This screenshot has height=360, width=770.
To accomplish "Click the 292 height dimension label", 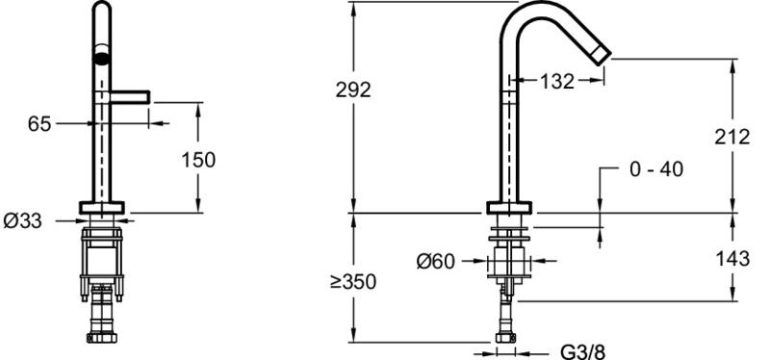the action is pyautogui.click(x=353, y=90).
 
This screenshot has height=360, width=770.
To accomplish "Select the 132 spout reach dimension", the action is pyautogui.click(x=557, y=82).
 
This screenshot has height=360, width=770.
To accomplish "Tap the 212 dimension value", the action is pyautogui.click(x=732, y=137).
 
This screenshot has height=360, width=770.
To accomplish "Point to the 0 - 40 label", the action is pyautogui.click(x=656, y=169).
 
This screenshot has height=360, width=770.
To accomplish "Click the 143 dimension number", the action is pyautogui.click(x=732, y=258).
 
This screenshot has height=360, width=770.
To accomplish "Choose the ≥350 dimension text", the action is pyautogui.click(x=353, y=282).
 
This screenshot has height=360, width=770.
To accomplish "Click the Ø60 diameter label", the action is pyautogui.click(x=436, y=261).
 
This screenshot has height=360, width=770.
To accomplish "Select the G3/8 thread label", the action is pyautogui.click(x=583, y=351).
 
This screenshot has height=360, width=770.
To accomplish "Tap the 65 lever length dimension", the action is pyautogui.click(x=39, y=124).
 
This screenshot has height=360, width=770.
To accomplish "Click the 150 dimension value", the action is pyautogui.click(x=198, y=160).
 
